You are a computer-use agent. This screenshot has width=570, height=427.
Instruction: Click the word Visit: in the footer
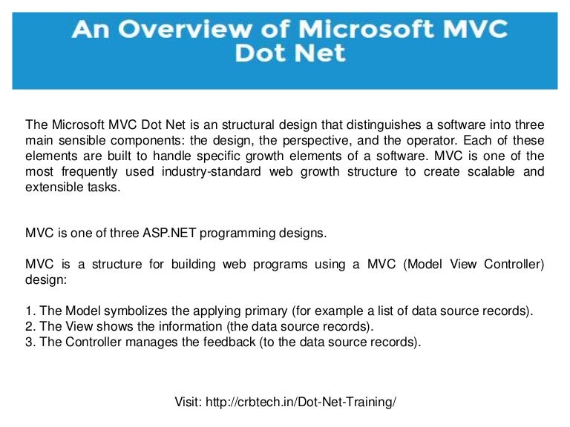[189, 402]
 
